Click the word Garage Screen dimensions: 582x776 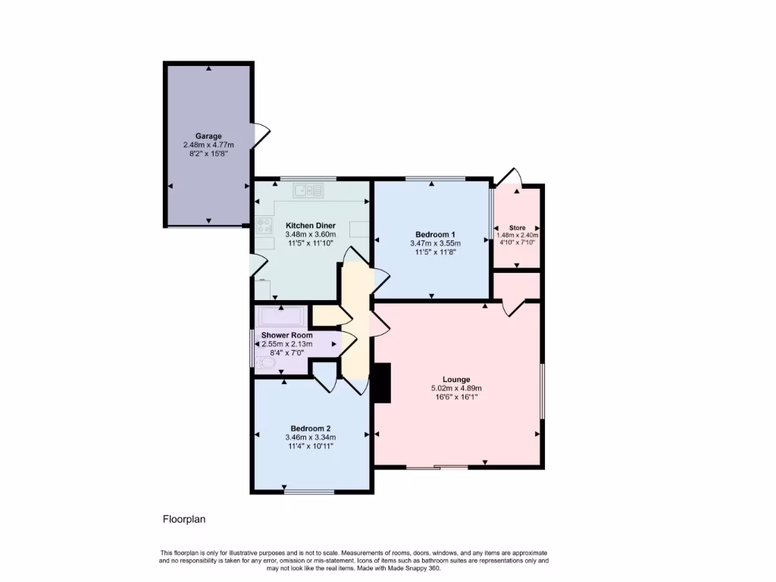(x=208, y=136)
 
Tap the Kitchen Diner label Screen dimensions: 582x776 (x=311, y=226)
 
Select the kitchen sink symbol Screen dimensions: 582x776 (x=308, y=189)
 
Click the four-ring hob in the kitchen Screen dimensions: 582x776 (x=264, y=225)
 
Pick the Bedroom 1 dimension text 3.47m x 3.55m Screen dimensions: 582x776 (x=435, y=243)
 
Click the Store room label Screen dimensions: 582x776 (x=517, y=227)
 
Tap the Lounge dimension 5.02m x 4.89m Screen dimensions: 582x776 (x=456, y=388)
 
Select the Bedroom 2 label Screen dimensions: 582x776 (x=311, y=428)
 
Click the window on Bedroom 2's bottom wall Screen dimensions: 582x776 (x=309, y=492)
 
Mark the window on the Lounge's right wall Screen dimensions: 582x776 (x=542, y=390)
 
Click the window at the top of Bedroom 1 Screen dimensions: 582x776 (x=435, y=179)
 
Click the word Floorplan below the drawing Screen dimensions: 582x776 (x=184, y=519)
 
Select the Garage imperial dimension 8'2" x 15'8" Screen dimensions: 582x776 (x=208, y=153)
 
